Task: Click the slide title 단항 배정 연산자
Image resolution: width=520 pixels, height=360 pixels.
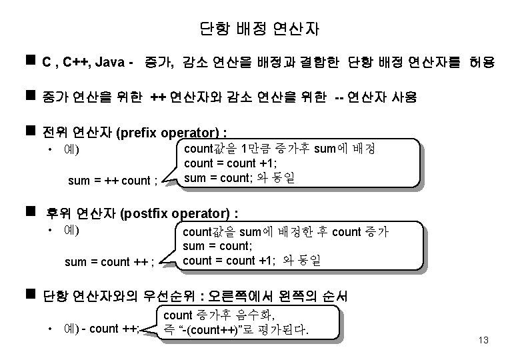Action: [259, 29]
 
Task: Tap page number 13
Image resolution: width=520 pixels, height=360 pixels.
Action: [483, 341]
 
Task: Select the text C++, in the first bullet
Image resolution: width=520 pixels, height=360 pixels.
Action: [74, 63]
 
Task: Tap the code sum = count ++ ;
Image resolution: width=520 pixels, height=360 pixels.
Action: [110, 262]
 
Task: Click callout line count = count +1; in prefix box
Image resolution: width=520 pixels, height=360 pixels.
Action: [229, 163]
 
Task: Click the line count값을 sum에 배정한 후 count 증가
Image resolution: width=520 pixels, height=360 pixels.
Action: [285, 232]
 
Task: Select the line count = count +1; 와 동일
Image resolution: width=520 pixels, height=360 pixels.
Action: [251, 261]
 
